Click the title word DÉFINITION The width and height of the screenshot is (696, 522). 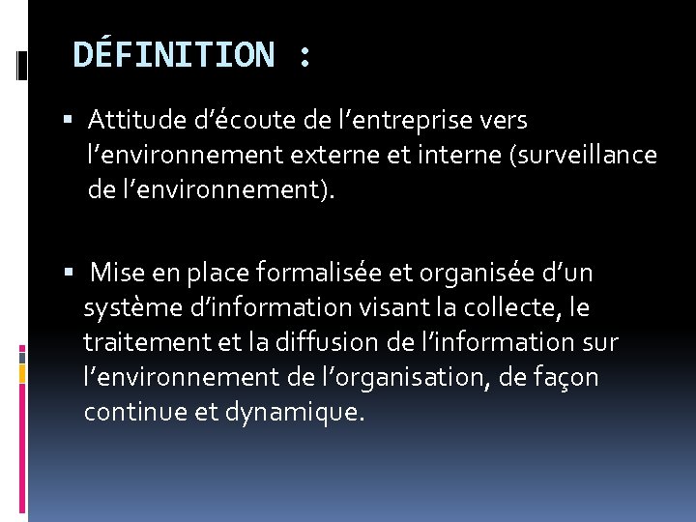point(174,55)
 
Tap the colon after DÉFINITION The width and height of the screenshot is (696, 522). point(304,57)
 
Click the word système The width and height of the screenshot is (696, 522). point(125,308)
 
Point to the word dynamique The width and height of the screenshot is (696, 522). point(307,413)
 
